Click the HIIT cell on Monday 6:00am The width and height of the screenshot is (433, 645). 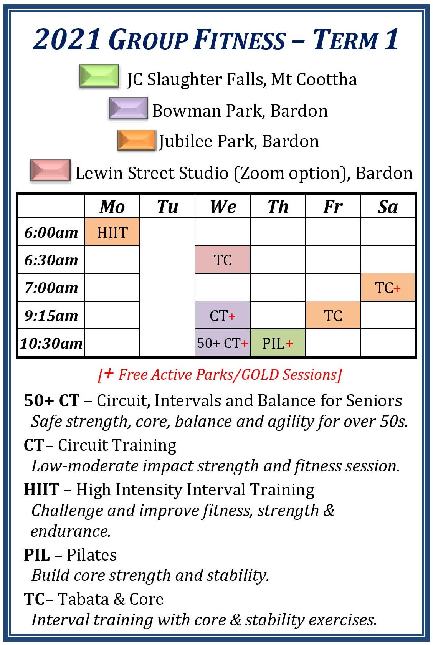tap(112, 232)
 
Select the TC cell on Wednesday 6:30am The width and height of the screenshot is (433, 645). tap(222, 260)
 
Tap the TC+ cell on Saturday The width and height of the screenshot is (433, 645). tap(388, 287)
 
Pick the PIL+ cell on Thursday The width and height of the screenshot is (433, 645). tap(278, 342)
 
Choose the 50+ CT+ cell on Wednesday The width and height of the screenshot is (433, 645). tap(222, 342)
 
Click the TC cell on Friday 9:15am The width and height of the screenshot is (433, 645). tap(333, 315)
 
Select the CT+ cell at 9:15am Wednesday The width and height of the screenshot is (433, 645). tap(222, 315)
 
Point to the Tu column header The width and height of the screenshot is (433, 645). tap(167, 207)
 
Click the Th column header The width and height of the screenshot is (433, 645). tap(278, 207)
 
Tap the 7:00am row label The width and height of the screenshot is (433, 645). tap(51, 287)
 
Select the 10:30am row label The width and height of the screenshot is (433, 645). tap(51, 343)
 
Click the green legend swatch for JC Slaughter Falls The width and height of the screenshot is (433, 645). tap(99, 76)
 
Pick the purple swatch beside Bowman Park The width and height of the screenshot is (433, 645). tap(128, 108)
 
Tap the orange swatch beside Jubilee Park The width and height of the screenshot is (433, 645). tap(137, 140)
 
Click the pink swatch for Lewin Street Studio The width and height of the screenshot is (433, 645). tap(50, 170)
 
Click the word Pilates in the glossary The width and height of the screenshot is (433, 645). tap(91, 554)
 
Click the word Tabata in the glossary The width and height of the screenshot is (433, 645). tap(83, 599)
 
